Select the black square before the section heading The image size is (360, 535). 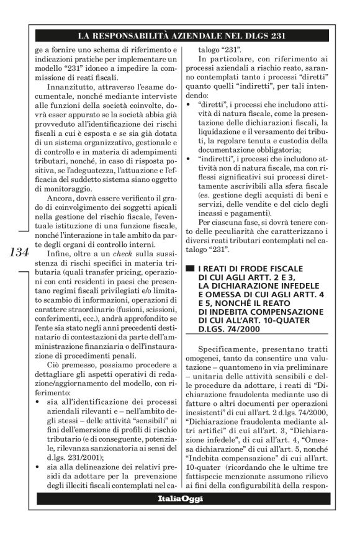click(x=191, y=267)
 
